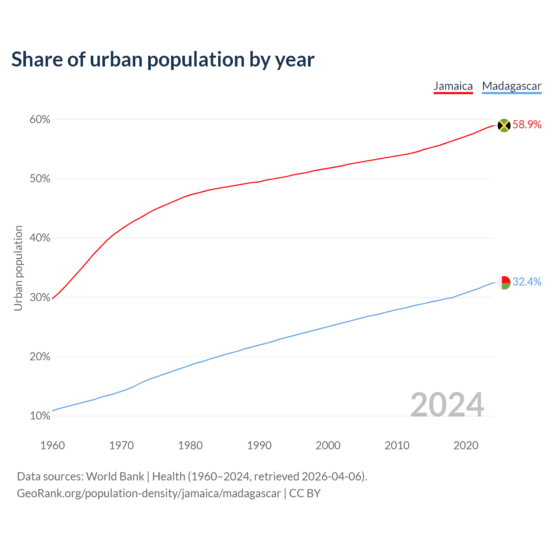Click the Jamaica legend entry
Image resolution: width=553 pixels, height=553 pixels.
pyautogui.click(x=453, y=86)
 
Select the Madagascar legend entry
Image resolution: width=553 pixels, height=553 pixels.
pyautogui.click(x=512, y=86)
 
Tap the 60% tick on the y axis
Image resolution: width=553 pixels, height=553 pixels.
pyautogui.click(x=40, y=120)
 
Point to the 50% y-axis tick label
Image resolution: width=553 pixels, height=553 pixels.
pyautogui.click(x=40, y=179)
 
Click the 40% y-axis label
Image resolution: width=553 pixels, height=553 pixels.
pyautogui.click(x=40, y=238)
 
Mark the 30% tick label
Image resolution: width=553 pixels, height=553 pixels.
pyautogui.click(x=40, y=298)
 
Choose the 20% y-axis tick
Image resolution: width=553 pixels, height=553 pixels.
pyautogui.click(x=40, y=357)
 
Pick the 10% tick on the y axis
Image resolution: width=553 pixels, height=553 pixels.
pyautogui.click(x=40, y=416)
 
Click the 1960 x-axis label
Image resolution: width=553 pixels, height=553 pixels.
pyautogui.click(x=52, y=445)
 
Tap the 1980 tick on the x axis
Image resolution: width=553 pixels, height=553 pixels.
pyautogui.click(x=190, y=445)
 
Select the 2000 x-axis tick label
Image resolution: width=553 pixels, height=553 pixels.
pyautogui.click(x=328, y=445)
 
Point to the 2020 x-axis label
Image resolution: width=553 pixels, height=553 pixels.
pyautogui.click(x=466, y=445)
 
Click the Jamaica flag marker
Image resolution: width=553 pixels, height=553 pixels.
pyautogui.click(x=504, y=125)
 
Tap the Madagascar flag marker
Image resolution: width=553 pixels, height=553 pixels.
pyautogui.click(x=504, y=283)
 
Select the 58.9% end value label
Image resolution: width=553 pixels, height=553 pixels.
pyautogui.click(x=527, y=125)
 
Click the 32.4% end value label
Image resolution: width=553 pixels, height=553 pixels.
pyautogui.click(x=527, y=282)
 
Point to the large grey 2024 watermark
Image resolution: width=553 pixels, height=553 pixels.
pyautogui.click(x=447, y=405)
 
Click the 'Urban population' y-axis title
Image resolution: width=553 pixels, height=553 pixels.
pyautogui.click(x=18, y=268)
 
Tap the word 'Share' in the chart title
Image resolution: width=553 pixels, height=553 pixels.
pyautogui.click(x=36, y=59)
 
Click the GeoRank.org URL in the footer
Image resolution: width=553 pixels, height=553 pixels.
pyautogui.click(x=149, y=493)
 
